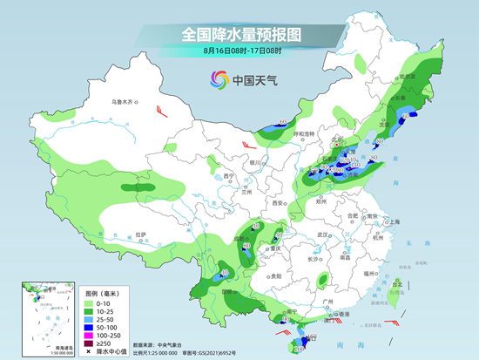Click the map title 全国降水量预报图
239,34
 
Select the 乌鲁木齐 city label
124,103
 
